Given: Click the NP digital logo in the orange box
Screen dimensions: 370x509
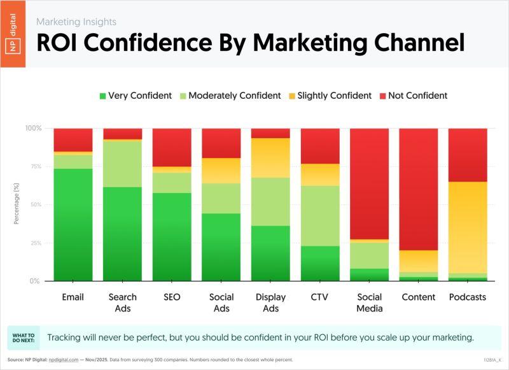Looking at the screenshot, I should pyautogui.click(x=13, y=34).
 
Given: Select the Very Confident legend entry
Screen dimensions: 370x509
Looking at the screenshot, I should pyautogui.click(x=136, y=96).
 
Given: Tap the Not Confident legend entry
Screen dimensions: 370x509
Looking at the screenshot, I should pyautogui.click(x=414, y=96).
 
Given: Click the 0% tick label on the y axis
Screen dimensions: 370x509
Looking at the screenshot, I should pyautogui.click(x=36, y=281).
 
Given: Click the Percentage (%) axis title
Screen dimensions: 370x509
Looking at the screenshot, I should pyautogui.click(x=17, y=204).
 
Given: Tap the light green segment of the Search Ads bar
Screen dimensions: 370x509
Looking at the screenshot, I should pyautogui.click(x=122, y=164).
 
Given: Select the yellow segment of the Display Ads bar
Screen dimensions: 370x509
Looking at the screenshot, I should pyautogui.click(x=270, y=157).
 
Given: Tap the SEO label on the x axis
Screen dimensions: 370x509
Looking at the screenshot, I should pyautogui.click(x=172, y=297).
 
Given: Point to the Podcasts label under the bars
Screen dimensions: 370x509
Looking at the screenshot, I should pyautogui.click(x=468, y=297).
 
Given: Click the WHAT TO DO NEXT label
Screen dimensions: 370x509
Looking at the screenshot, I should pyautogui.click(x=22, y=338).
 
